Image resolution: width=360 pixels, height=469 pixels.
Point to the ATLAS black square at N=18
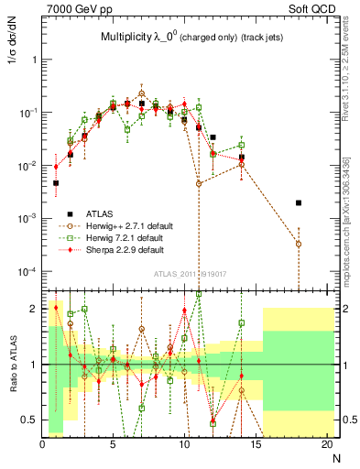[299, 202]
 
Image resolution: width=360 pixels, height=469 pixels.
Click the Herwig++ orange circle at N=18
[299, 244]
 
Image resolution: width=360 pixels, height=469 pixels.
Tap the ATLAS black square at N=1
[56, 183]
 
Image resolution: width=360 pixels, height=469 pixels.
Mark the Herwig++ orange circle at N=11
[199, 184]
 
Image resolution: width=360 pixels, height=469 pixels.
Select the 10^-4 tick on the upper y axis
[27, 272]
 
